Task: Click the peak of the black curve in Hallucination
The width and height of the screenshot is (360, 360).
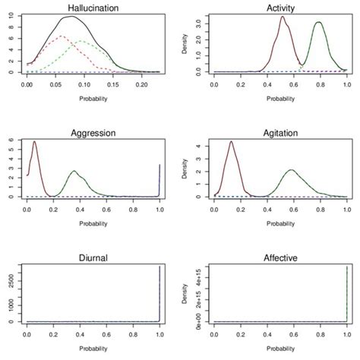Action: [x=71, y=17]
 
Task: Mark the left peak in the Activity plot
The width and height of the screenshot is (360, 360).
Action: [x=241, y=17]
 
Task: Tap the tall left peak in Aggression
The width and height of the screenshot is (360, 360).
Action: [x=35, y=142]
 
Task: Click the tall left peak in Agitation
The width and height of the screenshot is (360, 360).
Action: [x=231, y=141]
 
